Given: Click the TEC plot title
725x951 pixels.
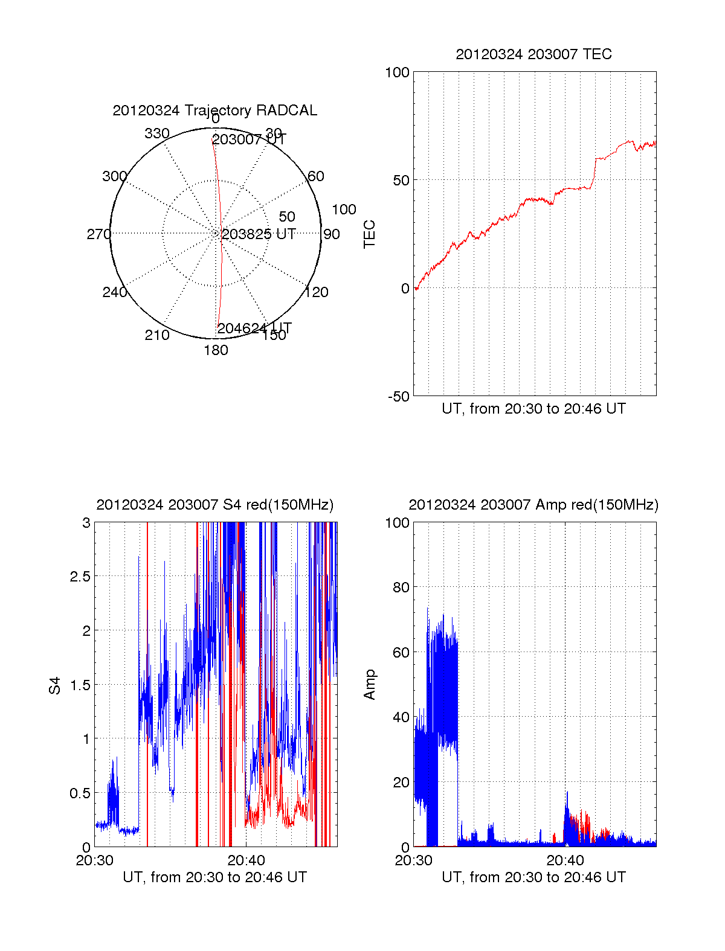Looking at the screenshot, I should [533, 54].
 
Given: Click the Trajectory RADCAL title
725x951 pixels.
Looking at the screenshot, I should [214, 110].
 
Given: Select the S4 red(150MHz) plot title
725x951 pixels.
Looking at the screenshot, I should [214, 505].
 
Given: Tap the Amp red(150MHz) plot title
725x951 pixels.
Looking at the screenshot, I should [533, 505].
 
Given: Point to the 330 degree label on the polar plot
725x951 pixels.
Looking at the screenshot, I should [156, 133].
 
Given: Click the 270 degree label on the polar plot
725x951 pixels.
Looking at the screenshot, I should [98, 234].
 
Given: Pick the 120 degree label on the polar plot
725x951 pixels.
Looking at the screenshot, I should [317, 292].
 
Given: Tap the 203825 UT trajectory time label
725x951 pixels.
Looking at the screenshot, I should [259, 234].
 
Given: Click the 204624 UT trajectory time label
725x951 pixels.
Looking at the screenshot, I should [254, 328].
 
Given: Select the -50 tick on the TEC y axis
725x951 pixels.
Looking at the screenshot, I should [398, 397].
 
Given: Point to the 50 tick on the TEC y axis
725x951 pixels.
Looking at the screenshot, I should [401, 181].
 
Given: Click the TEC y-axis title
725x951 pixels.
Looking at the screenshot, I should [369, 234].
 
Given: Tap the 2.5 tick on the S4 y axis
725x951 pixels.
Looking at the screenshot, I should [80, 577].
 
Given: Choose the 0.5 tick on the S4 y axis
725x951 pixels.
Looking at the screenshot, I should [80, 793].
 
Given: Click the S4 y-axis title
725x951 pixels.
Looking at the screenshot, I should [55, 685].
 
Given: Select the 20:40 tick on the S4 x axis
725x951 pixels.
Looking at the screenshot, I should [246, 860].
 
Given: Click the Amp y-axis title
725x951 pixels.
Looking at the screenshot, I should [369, 685].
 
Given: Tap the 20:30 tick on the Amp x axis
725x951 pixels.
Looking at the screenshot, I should [413, 860].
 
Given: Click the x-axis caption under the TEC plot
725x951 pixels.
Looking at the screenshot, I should [533, 409].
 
